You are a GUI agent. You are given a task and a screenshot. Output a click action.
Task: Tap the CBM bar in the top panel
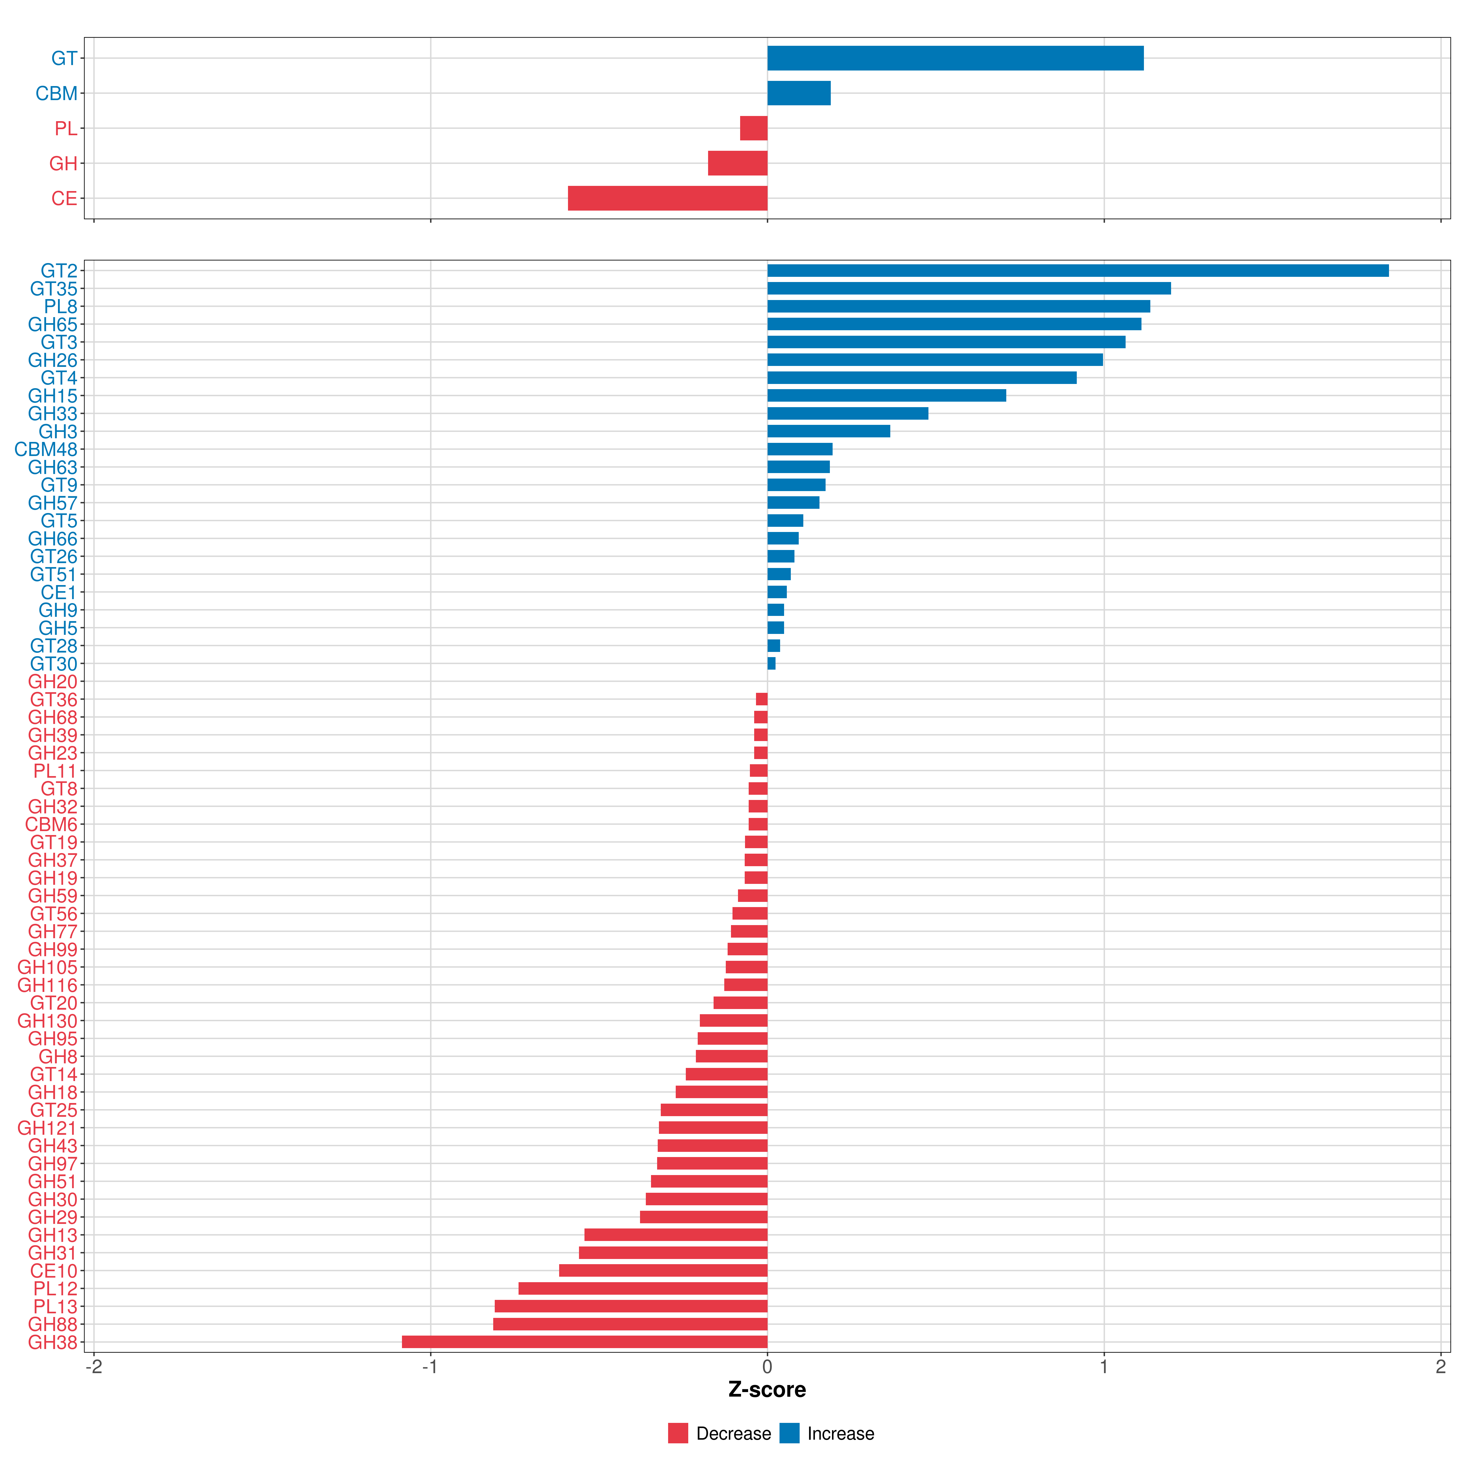pos(799,93)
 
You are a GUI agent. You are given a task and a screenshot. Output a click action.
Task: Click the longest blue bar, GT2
pos(1078,271)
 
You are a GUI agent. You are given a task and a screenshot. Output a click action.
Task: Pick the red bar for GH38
pos(585,1342)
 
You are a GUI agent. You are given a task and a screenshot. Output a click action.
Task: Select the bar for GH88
pos(630,1324)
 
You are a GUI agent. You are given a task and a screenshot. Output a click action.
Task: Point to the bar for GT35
pos(969,288)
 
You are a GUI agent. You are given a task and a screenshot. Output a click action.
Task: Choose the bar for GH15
pos(887,395)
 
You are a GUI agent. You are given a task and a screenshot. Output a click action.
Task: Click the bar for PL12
pos(643,1288)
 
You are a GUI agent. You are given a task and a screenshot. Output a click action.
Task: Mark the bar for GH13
pos(676,1235)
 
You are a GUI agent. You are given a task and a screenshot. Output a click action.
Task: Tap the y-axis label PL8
pos(61,306)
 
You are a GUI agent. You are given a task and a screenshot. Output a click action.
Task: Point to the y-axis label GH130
pos(48,1021)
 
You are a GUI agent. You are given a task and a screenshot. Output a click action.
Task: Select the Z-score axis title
pos(767,1389)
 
